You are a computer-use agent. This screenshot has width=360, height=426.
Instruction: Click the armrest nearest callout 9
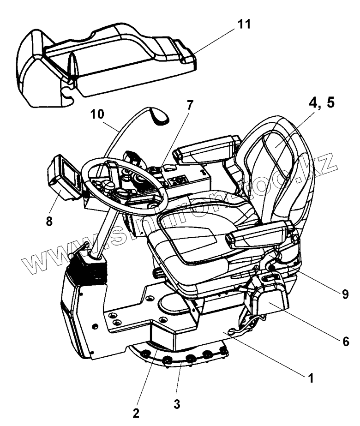[258, 233]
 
